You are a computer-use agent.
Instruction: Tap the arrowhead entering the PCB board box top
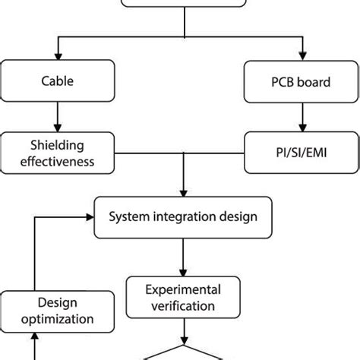pyautogui.click(x=302, y=56)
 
